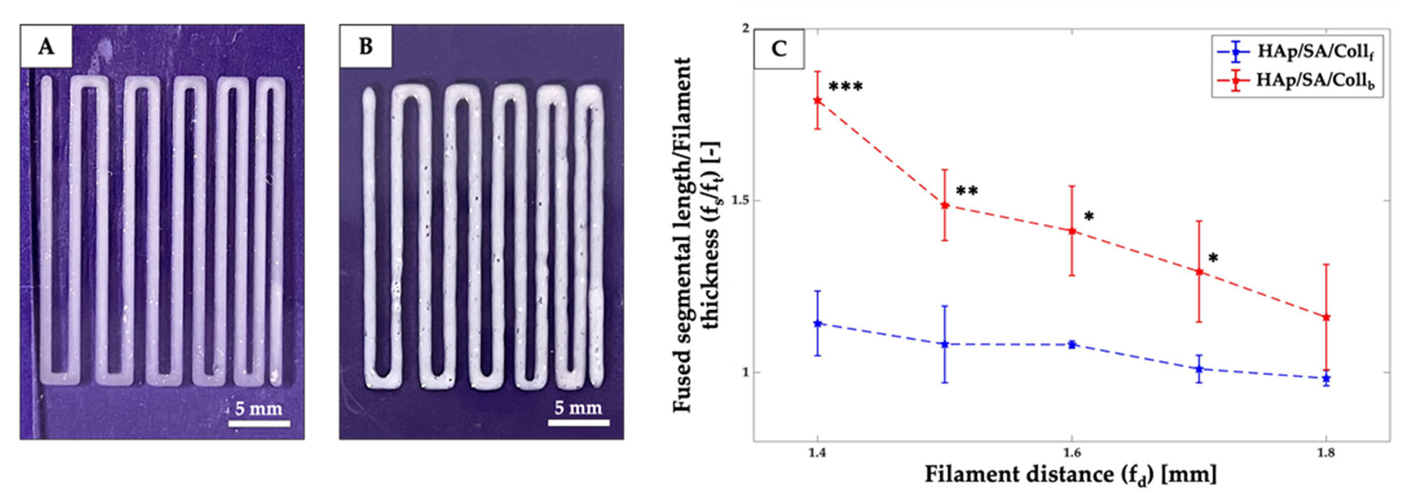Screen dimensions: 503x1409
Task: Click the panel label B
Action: (x=365, y=46)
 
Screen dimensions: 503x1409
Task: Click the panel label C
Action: (x=778, y=49)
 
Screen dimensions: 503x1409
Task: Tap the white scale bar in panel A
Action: (x=259, y=423)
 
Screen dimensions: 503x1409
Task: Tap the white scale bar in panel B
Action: (x=578, y=422)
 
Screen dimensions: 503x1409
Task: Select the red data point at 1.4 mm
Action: (x=817, y=100)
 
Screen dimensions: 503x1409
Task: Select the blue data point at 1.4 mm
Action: (x=817, y=323)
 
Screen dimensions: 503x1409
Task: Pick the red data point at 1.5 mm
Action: (x=945, y=205)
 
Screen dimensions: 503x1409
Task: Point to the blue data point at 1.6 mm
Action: (x=1072, y=344)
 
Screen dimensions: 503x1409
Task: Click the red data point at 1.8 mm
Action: (x=1326, y=317)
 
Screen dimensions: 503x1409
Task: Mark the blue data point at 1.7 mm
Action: (x=1199, y=368)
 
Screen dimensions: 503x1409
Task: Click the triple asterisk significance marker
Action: (x=845, y=88)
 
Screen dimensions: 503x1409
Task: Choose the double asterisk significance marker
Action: (x=967, y=191)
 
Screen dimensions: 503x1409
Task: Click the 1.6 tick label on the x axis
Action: (x=1071, y=453)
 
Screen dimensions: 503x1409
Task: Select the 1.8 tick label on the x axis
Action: (x=1326, y=453)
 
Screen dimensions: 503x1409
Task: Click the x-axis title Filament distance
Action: (x=1070, y=475)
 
